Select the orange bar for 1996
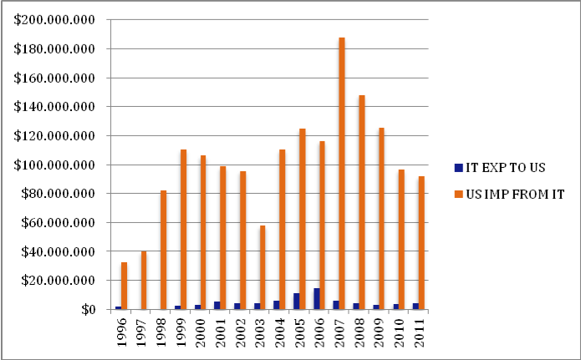[x=124, y=286]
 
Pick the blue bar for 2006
[x=316, y=299]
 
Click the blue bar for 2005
[x=296, y=302]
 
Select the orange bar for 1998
[x=164, y=250]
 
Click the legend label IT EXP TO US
[x=502, y=166]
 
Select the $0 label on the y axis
[x=84, y=310]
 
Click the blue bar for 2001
[x=216, y=306]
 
